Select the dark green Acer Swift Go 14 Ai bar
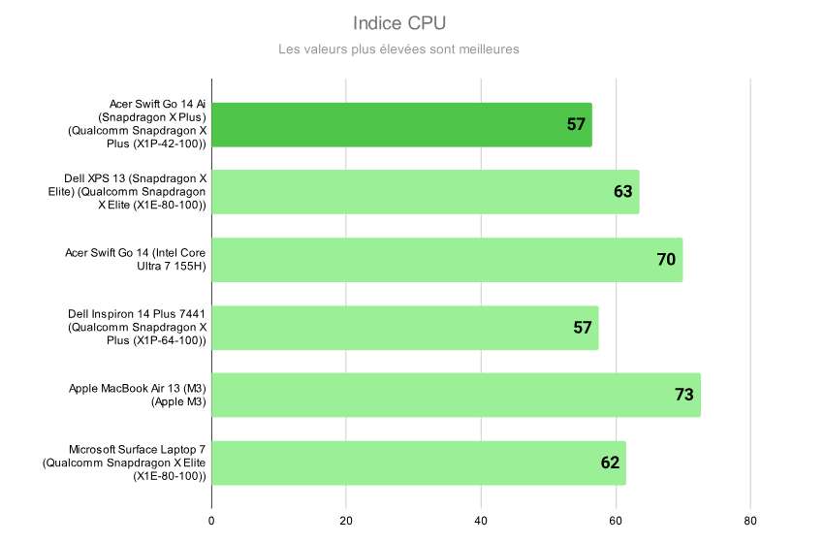[x=388, y=124]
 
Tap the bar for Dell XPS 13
[x=407, y=192]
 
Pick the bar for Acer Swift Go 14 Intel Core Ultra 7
[x=427, y=260]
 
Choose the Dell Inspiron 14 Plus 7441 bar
[x=388, y=328]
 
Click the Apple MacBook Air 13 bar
[x=436, y=396]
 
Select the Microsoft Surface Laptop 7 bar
[x=407, y=463]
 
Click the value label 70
[x=666, y=260]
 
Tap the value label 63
[x=623, y=192]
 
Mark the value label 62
[x=610, y=463]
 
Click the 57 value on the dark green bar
[x=576, y=124]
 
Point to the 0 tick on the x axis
[x=211, y=520]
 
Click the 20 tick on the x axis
[x=346, y=520]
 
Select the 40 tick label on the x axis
[x=481, y=520]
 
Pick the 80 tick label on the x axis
[x=749, y=520]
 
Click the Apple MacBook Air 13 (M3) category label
[x=138, y=396]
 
